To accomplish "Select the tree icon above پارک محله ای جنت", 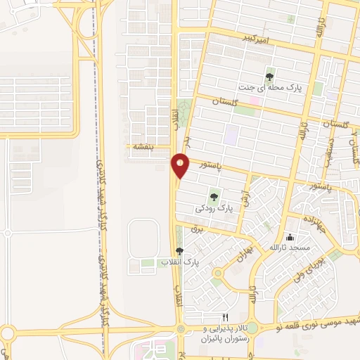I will (x=270, y=77).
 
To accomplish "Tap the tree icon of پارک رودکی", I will (x=214, y=198).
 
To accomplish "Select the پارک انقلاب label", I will (x=180, y=262).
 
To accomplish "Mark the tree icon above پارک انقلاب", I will (x=180, y=251).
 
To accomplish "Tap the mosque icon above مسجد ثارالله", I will (x=290, y=237).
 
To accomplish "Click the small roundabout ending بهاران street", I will (x=218, y=272).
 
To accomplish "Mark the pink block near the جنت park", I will (x=255, y=101).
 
